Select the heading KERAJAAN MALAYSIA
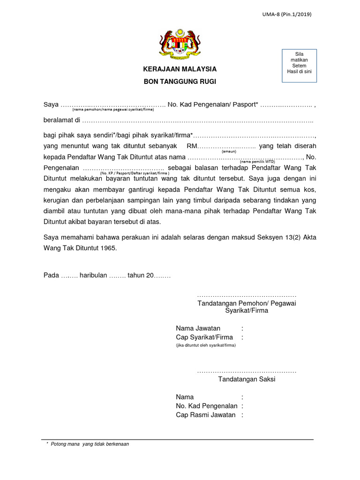tap(180, 69)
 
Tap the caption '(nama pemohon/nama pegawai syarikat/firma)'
tap(112, 110)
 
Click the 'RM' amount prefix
tap(192, 146)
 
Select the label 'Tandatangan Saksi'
tap(247, 379)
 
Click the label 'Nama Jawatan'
tap(198, 328)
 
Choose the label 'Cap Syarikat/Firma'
tap(204, 337)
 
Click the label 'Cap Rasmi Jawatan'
tap(206, 415)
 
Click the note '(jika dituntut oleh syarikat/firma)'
tap(206, 345)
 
